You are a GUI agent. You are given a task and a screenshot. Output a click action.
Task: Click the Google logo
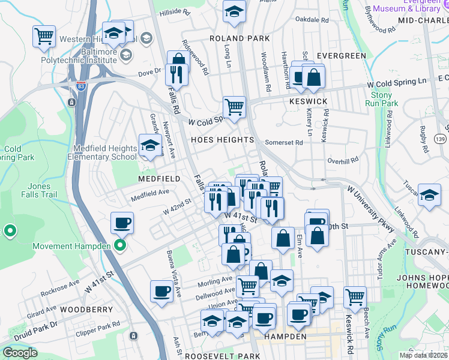[x=20, y=352]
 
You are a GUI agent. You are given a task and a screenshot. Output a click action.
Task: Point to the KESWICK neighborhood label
[x=308, y=101]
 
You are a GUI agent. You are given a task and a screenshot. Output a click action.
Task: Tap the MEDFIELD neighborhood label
[x=159, y=179]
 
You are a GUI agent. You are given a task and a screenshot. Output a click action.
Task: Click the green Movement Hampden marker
[x=120, y=245]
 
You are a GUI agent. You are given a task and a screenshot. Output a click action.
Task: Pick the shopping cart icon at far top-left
[x=44, y=37]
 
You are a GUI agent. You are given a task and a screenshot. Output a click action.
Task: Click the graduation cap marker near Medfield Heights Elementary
[x=149, y=145]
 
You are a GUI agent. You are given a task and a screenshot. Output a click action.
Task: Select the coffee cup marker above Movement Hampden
[x=122, y=223]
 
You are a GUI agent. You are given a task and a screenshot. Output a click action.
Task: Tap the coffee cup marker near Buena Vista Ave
[x=161, y=292]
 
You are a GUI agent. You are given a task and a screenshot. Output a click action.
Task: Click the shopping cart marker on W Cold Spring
[x=234, y=107]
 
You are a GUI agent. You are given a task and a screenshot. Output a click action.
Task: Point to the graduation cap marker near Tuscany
[x=429, y=196]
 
